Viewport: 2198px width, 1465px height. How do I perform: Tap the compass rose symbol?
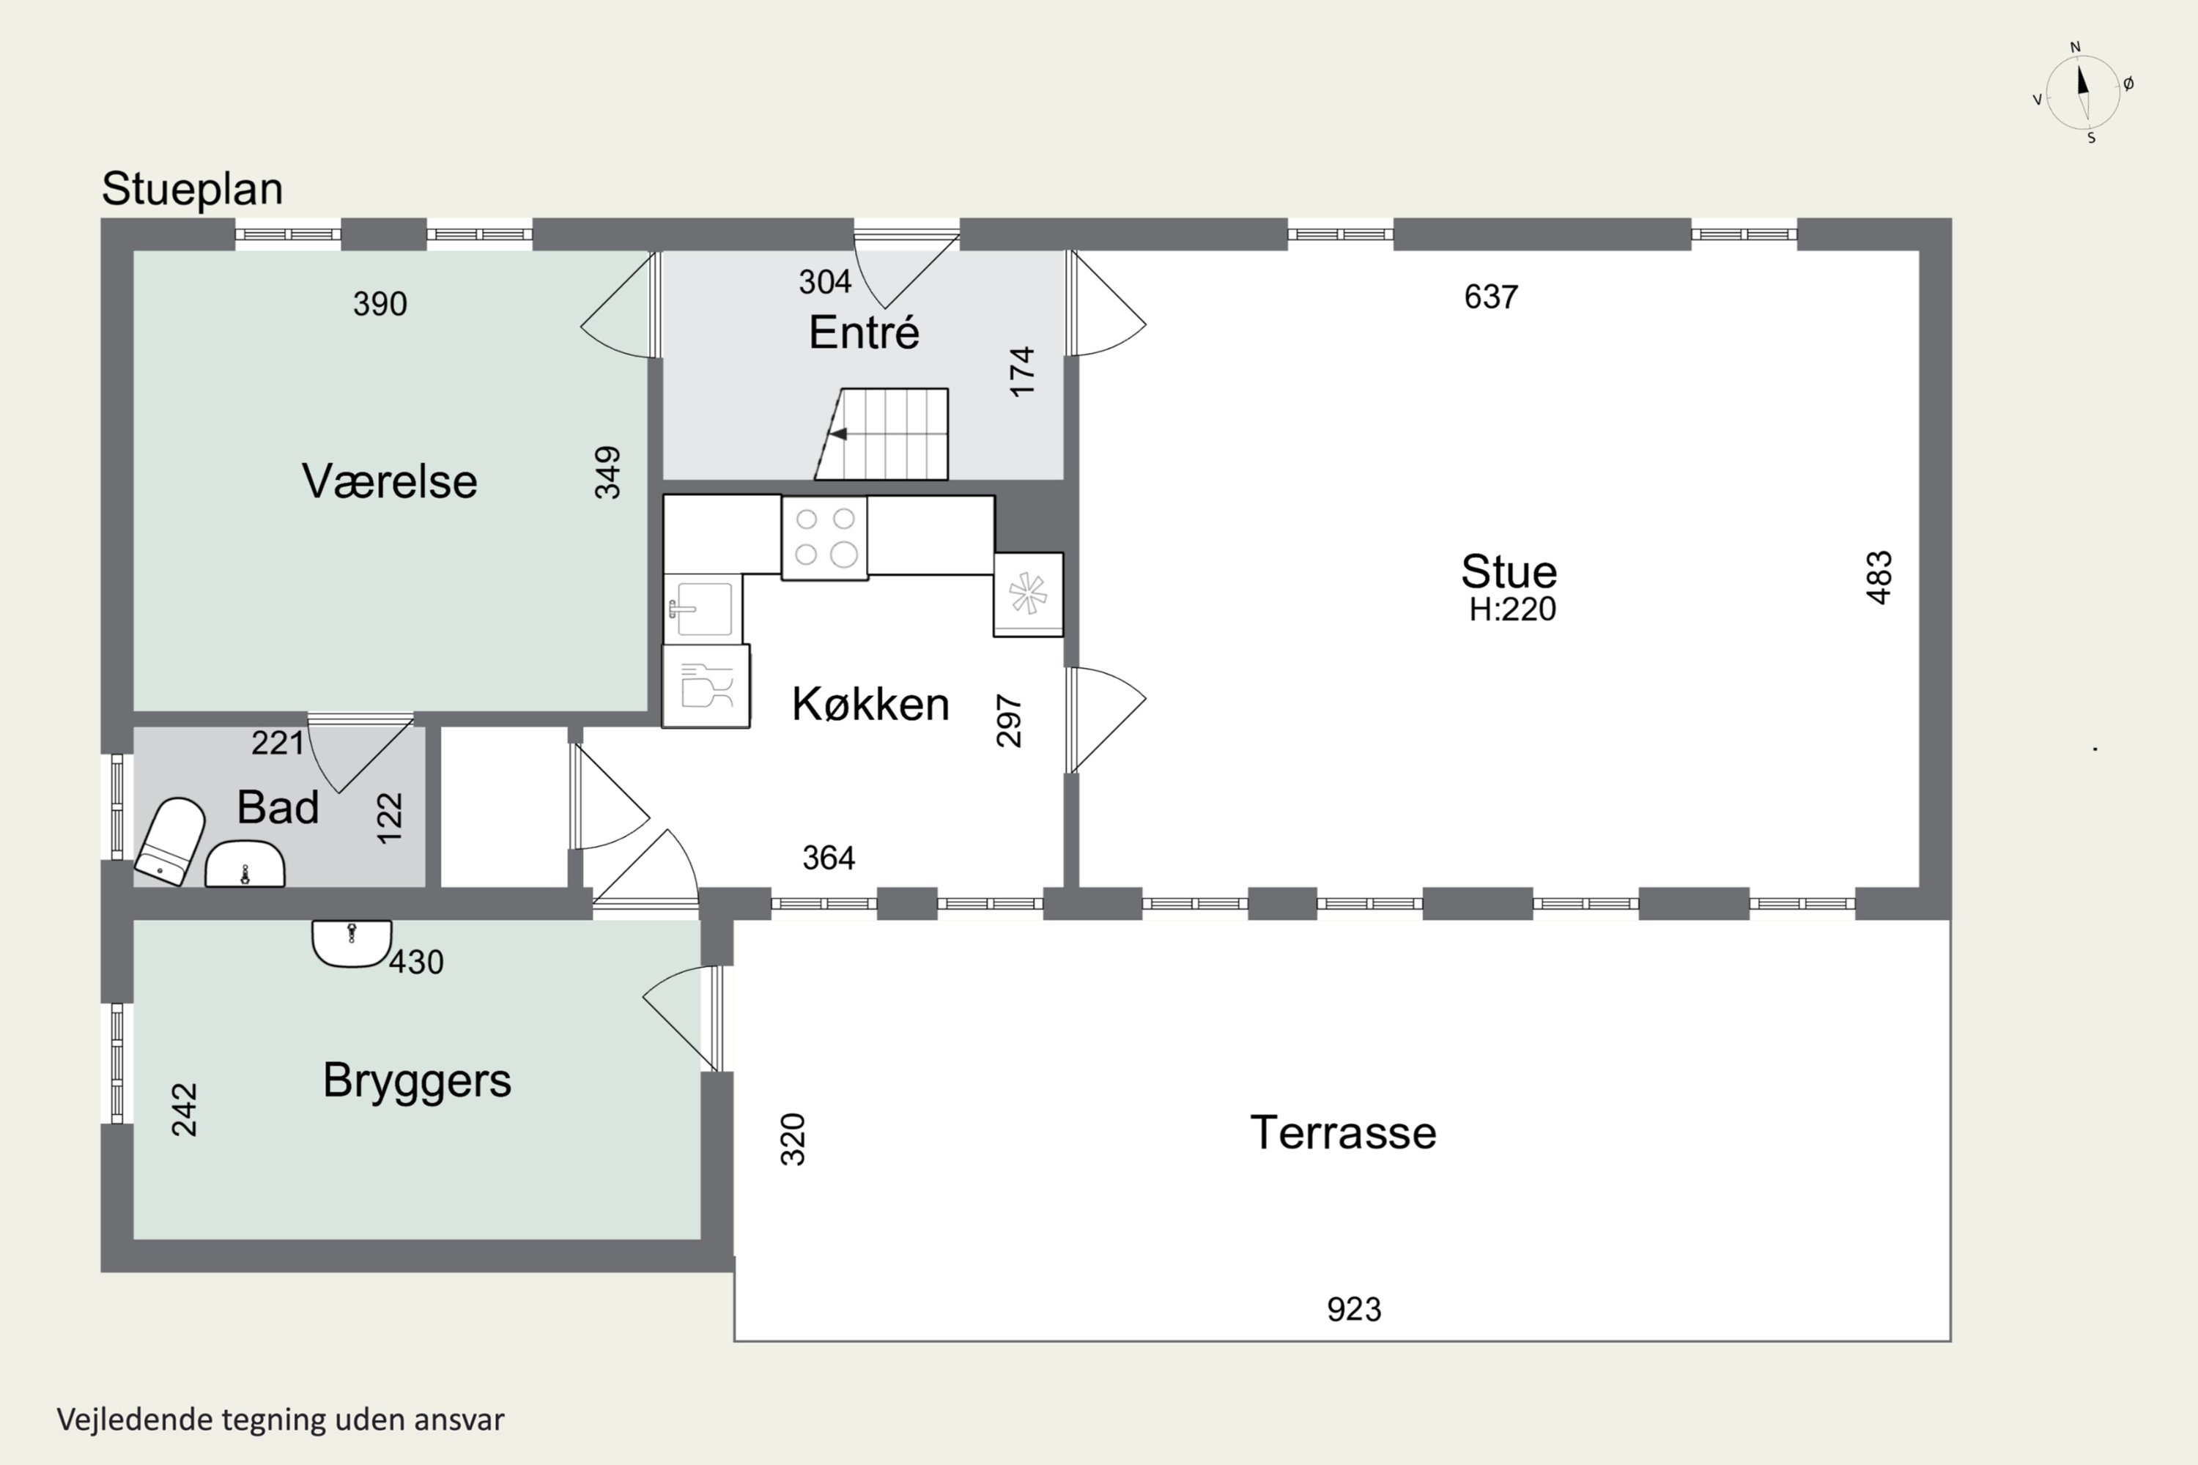point(2082,92)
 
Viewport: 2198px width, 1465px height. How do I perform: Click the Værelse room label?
point(389,482)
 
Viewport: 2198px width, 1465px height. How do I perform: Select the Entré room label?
point(864,333)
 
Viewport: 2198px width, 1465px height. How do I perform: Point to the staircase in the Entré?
point(883,434)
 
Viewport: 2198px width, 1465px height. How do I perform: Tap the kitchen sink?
point(703,609)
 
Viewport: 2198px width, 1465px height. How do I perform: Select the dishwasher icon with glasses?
point(706,687)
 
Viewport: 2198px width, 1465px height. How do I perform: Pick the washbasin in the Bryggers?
point(352,942)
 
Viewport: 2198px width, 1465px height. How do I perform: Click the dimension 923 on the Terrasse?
point(1353,1310)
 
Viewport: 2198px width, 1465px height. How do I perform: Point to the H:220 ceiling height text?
point(1512,610)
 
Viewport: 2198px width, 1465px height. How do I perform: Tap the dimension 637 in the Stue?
point(1490,297)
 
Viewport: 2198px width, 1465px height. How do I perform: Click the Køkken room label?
point(870,705)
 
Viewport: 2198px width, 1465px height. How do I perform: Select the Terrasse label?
point(1343,1133)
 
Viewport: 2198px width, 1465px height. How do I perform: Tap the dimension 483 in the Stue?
point(1879,577)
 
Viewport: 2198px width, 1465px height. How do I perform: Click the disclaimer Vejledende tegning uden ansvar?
point(281,1420)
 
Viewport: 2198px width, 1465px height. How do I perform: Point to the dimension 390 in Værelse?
point(380,304)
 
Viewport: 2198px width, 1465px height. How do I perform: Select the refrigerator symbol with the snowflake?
point(1028,594)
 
